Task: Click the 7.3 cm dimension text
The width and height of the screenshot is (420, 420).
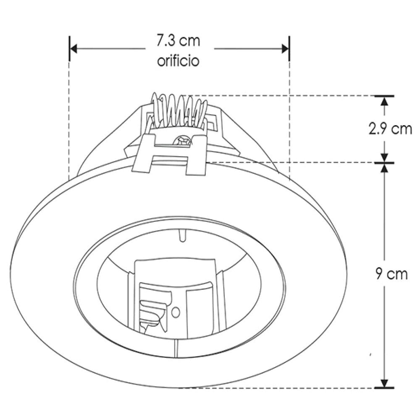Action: [x=178, y=42]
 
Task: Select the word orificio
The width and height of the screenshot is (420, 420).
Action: [x=178, y=61]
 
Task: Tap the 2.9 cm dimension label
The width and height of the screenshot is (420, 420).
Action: [x=390, y=129]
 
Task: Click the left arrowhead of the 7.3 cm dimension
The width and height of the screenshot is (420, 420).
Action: [x=73, y=49]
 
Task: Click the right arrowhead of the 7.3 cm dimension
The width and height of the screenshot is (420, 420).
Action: [x=285, y=49]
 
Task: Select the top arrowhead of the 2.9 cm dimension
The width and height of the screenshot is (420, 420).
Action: [x=384, y=101]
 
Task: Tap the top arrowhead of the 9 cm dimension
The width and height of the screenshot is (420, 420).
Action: [x=384, y=167]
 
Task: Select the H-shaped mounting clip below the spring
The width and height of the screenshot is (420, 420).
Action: [x=170, y=155]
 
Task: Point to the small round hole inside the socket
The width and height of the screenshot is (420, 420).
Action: [x=176, y=312]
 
